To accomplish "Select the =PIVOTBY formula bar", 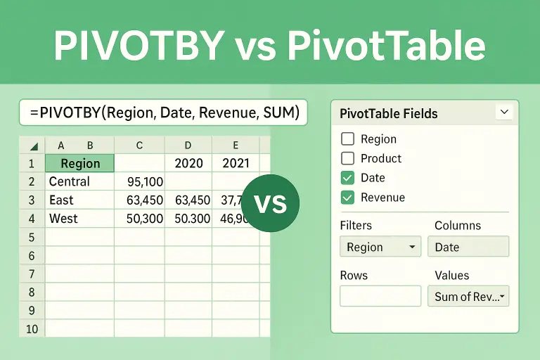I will click(163, 112).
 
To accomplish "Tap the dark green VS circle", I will click(270, 203).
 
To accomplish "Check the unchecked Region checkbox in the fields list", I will click(347, 139).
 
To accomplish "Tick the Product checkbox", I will click(347, 158).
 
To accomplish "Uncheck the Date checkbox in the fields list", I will click(347, 178).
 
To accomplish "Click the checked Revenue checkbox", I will click(347, 198).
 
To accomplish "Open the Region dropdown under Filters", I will click(380, 247).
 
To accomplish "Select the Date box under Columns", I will click(468, 247).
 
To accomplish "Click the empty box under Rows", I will click(380, 296).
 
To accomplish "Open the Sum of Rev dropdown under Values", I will click(468, 296).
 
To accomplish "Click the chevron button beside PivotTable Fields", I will click(504, 112).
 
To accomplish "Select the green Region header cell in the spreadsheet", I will click(79, 163).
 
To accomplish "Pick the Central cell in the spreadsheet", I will click(70, 181).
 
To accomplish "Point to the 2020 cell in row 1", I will click(188, 163).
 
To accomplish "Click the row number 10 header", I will click(32, 328).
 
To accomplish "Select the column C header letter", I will click(139, 146).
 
